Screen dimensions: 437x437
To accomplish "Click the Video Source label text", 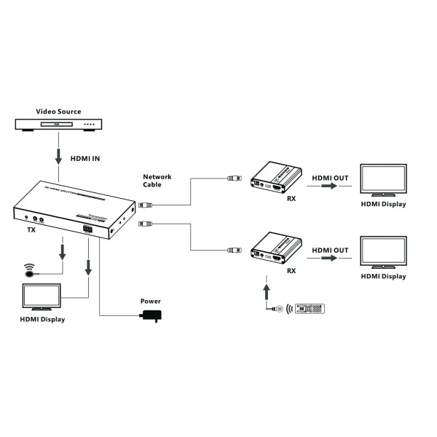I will click(x=59, y=111).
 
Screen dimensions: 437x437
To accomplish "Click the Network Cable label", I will click(x=157, y=181).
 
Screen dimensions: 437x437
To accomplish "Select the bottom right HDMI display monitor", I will click(x=383, y=251).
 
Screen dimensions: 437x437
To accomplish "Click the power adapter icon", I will click(x=152, y=315).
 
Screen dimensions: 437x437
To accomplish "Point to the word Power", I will click(x=151, y=301).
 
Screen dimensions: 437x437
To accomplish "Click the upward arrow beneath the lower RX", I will click(x=267, y=289).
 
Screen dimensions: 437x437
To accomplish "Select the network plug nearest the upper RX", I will click(x=234, y=177).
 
